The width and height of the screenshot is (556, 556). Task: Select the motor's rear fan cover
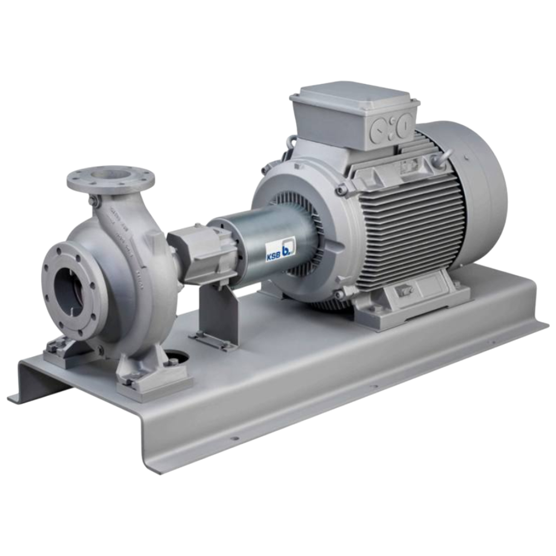point(478,183)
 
